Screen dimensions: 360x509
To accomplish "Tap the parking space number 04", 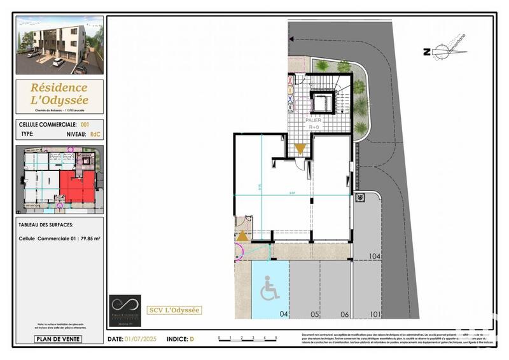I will click(x=284, y=314).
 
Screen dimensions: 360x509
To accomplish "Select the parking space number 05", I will click(x=314, y=314).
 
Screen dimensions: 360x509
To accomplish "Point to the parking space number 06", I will click(x=344, y=314).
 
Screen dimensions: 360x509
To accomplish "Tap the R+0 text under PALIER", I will click(x=314, y=127).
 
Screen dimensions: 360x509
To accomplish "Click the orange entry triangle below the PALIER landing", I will click(x=300, y=149).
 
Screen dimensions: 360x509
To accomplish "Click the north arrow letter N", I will click(x=426, y=53).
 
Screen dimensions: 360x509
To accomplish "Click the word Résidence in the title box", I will click(x=59, y=87).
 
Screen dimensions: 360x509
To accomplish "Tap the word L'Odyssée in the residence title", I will click(x=59, y=100).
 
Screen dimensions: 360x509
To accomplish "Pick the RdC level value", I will click(x=95, y=135).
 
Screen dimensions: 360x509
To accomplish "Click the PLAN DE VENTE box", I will click(x=58, y=339).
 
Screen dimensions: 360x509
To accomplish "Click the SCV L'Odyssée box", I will click(x=174, y=310).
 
